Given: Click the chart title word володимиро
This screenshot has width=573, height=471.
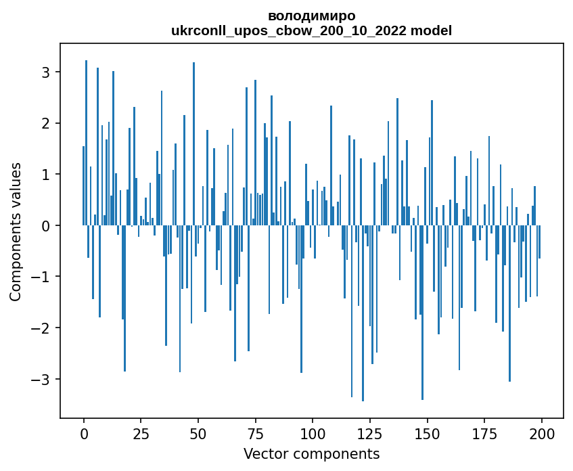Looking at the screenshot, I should click(x=311, y=16).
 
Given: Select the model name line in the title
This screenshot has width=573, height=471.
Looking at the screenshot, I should click(x=311, y=30).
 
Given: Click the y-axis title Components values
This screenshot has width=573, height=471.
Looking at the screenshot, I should click(x=16, y=231).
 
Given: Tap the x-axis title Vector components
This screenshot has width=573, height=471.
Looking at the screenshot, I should click(x=311, y=453).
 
